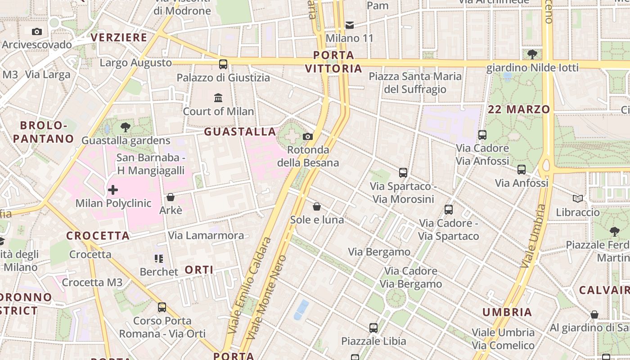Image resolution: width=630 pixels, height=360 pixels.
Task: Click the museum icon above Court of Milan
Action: coord(218,98)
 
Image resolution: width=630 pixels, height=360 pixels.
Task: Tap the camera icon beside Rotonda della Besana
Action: coord(308,136)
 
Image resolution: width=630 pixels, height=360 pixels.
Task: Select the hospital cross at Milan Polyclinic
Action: coord(113,190)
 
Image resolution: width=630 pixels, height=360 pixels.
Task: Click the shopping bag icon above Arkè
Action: coord(171,197)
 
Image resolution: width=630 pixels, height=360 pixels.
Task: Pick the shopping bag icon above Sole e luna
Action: coord(317,207)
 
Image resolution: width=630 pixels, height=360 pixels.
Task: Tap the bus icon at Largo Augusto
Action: coord(223,64)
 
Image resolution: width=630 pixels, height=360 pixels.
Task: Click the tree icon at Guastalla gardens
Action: coord(126,127)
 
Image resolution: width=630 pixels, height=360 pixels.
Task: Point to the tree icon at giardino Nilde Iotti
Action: coord(532,54)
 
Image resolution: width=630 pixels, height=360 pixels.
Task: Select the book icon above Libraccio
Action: coord(578,198)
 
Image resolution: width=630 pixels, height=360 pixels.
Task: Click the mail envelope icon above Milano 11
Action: coord(350,25)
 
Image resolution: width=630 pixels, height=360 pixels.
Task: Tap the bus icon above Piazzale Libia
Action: coord(373,328)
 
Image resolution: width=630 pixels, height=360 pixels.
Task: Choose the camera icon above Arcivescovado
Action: coord(37,31)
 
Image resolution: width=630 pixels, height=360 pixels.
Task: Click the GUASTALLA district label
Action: coord(240,132)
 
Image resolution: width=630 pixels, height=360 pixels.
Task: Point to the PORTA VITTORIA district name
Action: coord(333,62)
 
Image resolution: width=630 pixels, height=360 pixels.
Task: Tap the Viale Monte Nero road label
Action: coord(267,297)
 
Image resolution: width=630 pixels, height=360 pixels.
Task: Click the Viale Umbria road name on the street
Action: coord(533,236)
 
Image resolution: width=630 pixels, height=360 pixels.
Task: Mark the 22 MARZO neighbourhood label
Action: coord(519,109)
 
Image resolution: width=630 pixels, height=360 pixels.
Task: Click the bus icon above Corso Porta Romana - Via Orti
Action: coord(162,307)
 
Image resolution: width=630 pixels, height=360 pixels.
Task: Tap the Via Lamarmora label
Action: coord(206,235)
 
